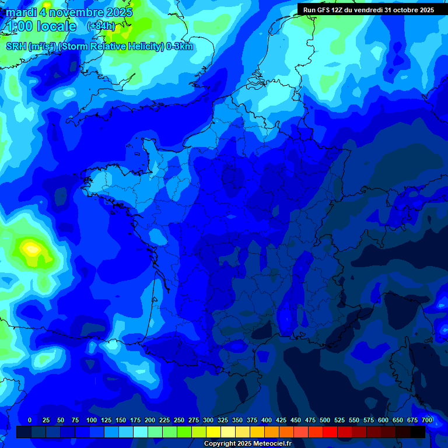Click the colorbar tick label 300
click(x=208, y=420)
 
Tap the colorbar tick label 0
click(x=30, y=420)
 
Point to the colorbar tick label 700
click(x=426, y=420)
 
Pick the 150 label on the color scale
click(x=121, y=420)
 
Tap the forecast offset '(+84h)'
click(x=101, y=26)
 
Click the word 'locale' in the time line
click(x=56, y=26)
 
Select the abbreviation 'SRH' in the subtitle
click(x=16, y=47)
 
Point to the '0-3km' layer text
click(x=180, y=47)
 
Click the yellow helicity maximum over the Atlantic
click(x=30, y=249)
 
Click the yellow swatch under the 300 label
click(x=213, y=432)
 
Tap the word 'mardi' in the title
click(x=20, y=12)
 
